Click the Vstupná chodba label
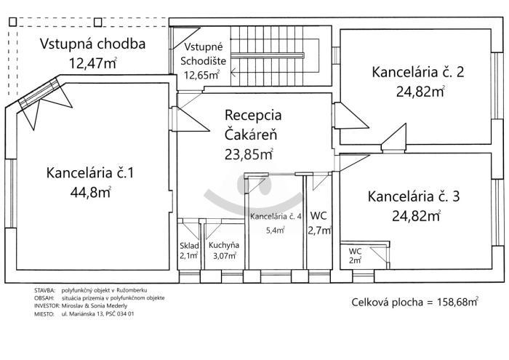coord(92,44)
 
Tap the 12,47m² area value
coord(93,63)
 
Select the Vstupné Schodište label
coord(203,54)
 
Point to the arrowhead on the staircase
coord(233,73)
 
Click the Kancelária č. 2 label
coord(418,72)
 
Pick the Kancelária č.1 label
coord(90,172)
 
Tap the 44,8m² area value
coord(91,192)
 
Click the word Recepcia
coord(253,115)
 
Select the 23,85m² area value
coord(249,154)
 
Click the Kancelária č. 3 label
coord(414,196)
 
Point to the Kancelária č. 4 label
coord(276,217)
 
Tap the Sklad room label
coord(189,246)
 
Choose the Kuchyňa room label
coord(224,245)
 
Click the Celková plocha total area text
coord(415,303)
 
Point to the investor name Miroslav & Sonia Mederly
coord(95,305)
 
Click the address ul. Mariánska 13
coord(81,313)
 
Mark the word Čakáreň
coord(251,134)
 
